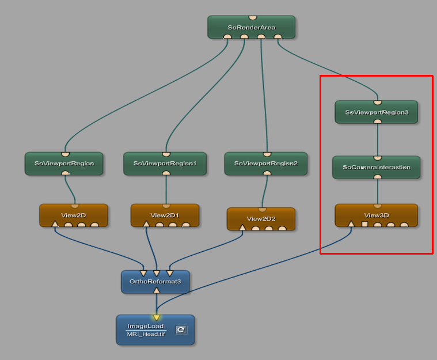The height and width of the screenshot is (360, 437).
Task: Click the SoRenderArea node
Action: click(x=251, y=27)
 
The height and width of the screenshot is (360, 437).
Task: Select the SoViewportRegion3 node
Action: click(x=377, y=112)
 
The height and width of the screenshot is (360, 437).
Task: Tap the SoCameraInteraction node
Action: click(x=377, y=167)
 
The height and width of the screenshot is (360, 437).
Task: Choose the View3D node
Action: click(x=377, y=215)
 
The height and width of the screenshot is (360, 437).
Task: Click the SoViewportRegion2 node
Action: click(x=266, y=163)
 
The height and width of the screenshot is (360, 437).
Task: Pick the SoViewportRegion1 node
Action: click(x=165, y=163)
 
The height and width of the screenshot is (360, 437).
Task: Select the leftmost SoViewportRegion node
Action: click(x=64, y=163)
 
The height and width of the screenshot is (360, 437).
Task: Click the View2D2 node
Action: click(x=261, y=218)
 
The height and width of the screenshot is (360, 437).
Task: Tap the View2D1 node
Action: click(x=165, y=215)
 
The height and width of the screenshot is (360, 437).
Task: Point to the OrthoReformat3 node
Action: click(x=155, y=281)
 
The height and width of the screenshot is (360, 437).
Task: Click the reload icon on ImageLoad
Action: click(x=181, y=330)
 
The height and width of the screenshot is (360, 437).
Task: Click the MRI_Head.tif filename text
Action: click(x=146, y=334)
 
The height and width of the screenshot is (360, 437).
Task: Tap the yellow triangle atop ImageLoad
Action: click(x=156, y=317)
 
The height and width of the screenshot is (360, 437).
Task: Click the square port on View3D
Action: click(x=364, y=224)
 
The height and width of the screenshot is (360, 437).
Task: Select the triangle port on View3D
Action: click(x=351, y=223)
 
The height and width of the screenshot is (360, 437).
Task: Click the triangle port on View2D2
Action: click(x=242, y=228)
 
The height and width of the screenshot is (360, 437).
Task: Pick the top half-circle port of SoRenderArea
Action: click(x=252, y=18)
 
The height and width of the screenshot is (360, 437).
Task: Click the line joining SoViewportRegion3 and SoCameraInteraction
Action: click(x=377, y=139)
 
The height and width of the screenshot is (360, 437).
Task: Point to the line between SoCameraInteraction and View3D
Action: click(x=377, y=191)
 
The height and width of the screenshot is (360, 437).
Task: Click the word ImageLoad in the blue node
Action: click(x=145, y=326)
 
